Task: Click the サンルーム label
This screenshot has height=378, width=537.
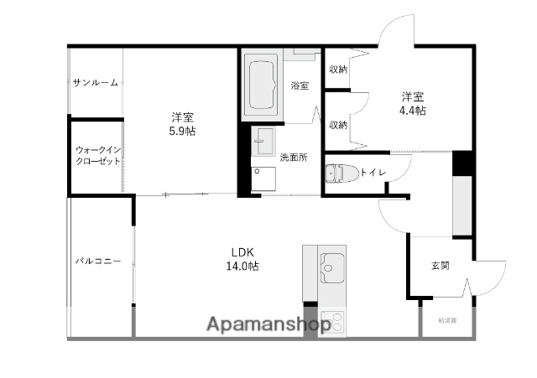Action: pos(95,82)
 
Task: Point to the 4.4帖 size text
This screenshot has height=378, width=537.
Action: pos(412,110)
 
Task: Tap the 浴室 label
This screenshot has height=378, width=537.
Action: pos(300,85)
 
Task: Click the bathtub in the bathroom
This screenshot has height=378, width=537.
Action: pos(263,85)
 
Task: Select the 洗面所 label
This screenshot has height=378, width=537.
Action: pos(294,157)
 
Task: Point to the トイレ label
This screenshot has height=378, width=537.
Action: pos(373,173)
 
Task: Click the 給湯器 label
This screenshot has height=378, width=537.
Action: pos(447,320)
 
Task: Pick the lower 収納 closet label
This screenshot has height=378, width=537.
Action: pos(338,124)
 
